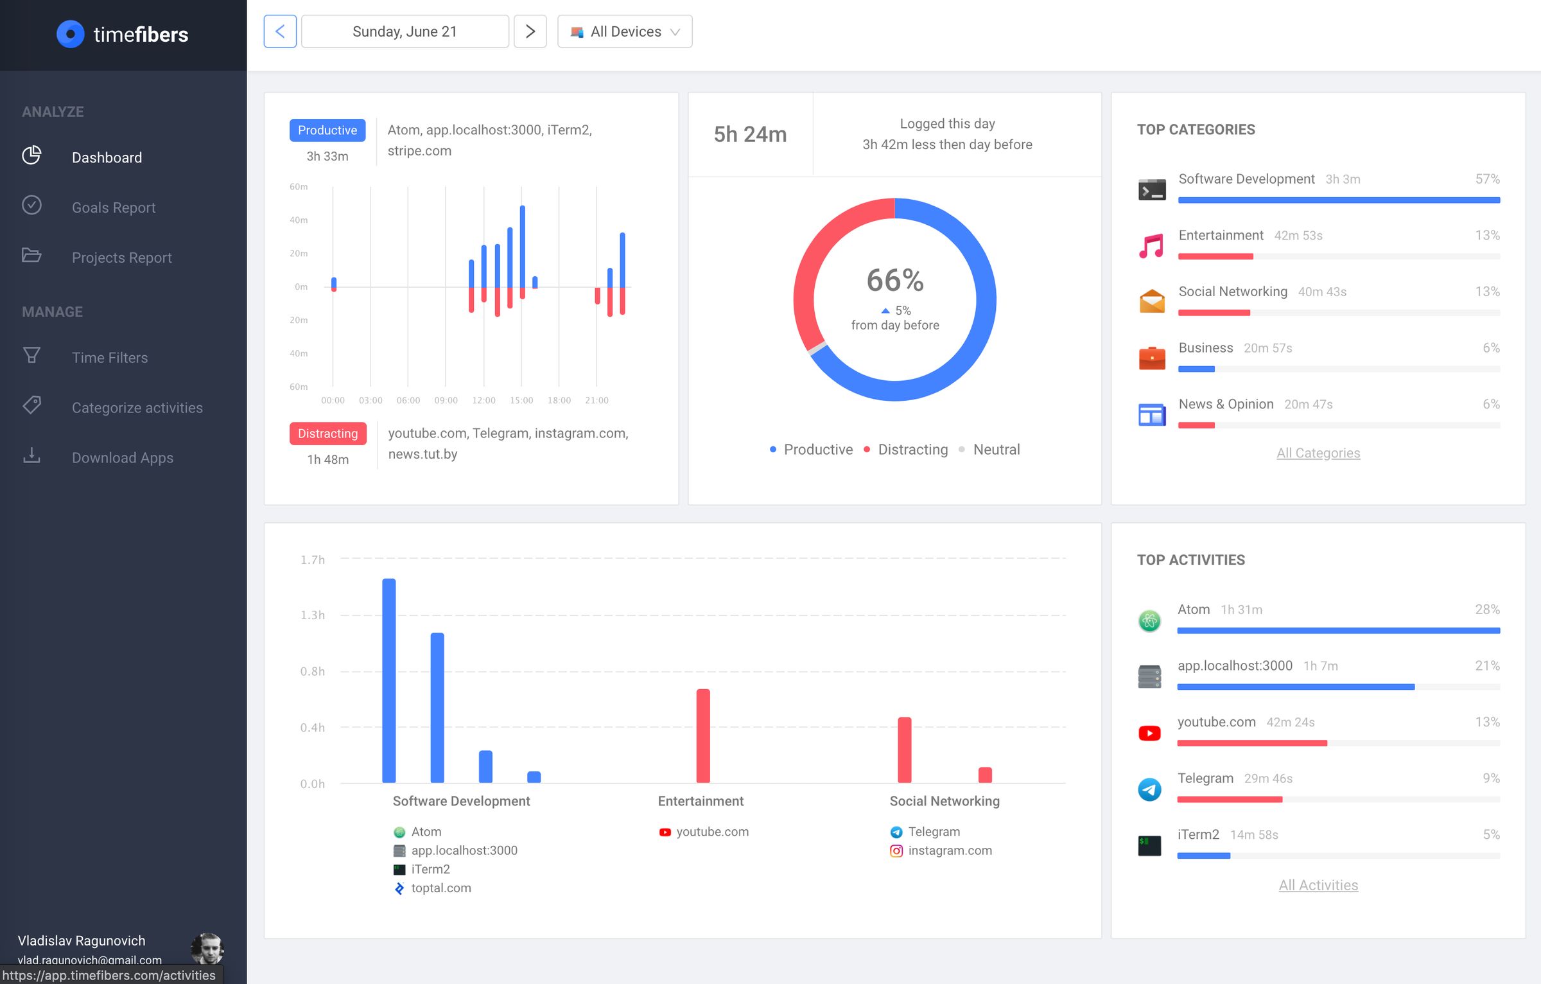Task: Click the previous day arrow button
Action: point(280,31)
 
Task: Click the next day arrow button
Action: point(530,31)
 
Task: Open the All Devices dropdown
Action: point(625,31)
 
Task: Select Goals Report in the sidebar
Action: point(113,207)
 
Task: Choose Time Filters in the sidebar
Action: point(109,358)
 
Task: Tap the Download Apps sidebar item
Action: point(122,458)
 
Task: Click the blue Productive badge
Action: point(327,130)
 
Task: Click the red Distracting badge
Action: point(327,434)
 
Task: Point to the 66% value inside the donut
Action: point(894,281)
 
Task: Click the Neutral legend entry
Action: point(996,450)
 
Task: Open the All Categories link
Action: point(1318,453)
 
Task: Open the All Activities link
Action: point(1318,885)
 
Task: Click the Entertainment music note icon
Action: point(1151,245)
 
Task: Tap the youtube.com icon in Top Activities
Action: point(1149,733)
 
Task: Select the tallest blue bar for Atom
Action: point(389,681)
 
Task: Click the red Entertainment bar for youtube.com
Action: point(703,736)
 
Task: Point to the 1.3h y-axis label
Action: point(313,615)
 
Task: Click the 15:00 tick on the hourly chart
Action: point(521,400)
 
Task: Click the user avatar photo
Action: point(207,948)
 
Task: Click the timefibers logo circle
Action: point(71,34)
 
